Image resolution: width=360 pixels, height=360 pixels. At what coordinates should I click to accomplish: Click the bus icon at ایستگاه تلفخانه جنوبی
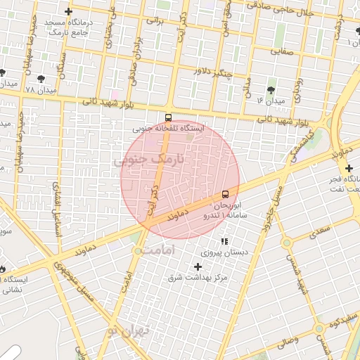168,117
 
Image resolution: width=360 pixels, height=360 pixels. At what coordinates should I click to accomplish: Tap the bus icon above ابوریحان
225,194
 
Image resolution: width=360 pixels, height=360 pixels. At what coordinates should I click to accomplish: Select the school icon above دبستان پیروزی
224,241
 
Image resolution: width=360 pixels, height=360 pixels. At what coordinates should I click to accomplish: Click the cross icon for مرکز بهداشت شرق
198,266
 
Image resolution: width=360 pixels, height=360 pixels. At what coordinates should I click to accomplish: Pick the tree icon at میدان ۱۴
271,90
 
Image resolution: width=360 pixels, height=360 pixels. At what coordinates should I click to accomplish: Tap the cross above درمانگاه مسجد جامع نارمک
67,11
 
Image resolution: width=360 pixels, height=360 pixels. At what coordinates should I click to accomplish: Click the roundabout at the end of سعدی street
287,243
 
